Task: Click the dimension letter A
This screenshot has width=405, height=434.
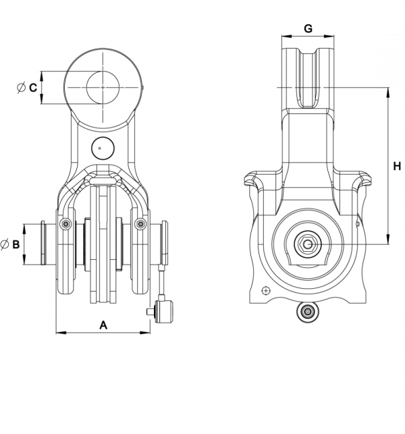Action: pos(103,325)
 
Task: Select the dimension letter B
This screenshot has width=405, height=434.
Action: pos(16,244)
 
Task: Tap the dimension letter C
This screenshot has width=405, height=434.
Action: pos(33,88)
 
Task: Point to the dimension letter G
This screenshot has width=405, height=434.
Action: pos(308,28)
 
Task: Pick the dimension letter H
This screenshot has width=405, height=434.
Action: pos(397,166)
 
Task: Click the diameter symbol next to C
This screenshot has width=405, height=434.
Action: pos(21,88)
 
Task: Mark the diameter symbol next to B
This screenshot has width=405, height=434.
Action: pos(5,245)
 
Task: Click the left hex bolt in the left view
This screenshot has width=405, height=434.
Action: pos(65,224)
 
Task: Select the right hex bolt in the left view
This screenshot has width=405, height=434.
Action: pos(140,224)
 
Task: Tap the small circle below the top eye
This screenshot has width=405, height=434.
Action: pos(103,148)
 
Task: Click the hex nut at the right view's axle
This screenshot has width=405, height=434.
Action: pos(308,244)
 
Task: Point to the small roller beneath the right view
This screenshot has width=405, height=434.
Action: pos(307,312)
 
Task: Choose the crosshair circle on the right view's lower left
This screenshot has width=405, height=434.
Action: pos(266,291)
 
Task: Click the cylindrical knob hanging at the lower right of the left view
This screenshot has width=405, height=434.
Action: pos(164,312)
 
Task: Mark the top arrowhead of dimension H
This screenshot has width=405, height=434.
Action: pos(389,92)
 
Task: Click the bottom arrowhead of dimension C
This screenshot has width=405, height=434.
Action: pos(42,99)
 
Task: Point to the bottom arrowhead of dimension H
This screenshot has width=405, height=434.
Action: pos(389,240)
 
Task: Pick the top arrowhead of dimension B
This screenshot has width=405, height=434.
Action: pos(24,229)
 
